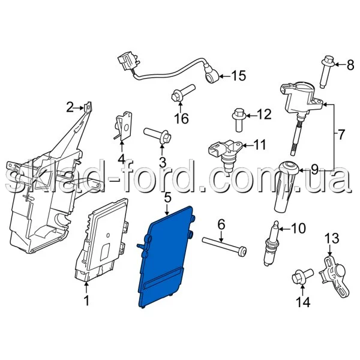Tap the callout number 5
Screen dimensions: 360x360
167,197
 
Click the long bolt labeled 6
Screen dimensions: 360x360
224,245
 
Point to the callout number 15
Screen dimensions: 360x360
238,76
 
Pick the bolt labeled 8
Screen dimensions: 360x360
326,71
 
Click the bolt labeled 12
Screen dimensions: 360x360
239,119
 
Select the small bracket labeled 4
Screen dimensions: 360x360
123,125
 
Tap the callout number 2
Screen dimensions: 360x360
70,107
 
